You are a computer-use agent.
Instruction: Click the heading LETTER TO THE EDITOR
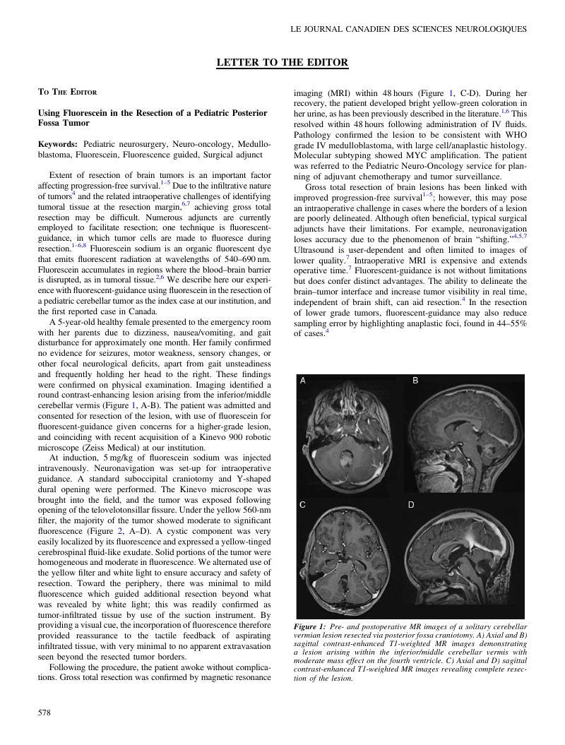[x=282, y=63]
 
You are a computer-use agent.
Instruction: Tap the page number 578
[x=44, y=713]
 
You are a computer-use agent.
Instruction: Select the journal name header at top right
[x=408, y=29]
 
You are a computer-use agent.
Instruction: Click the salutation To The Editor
[x=67, y=92]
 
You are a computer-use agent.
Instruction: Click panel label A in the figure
[x=302, y=381]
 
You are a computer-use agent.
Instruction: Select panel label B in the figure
[x=415, y=381]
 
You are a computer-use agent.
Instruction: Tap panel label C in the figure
[x=302, y=505]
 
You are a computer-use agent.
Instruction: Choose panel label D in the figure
[x=411, y=505]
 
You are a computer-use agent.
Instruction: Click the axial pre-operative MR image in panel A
[x=351, y=438]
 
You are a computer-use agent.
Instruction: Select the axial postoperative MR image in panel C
[x=351, y=561]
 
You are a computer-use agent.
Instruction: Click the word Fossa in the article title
[x=52, y=123]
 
